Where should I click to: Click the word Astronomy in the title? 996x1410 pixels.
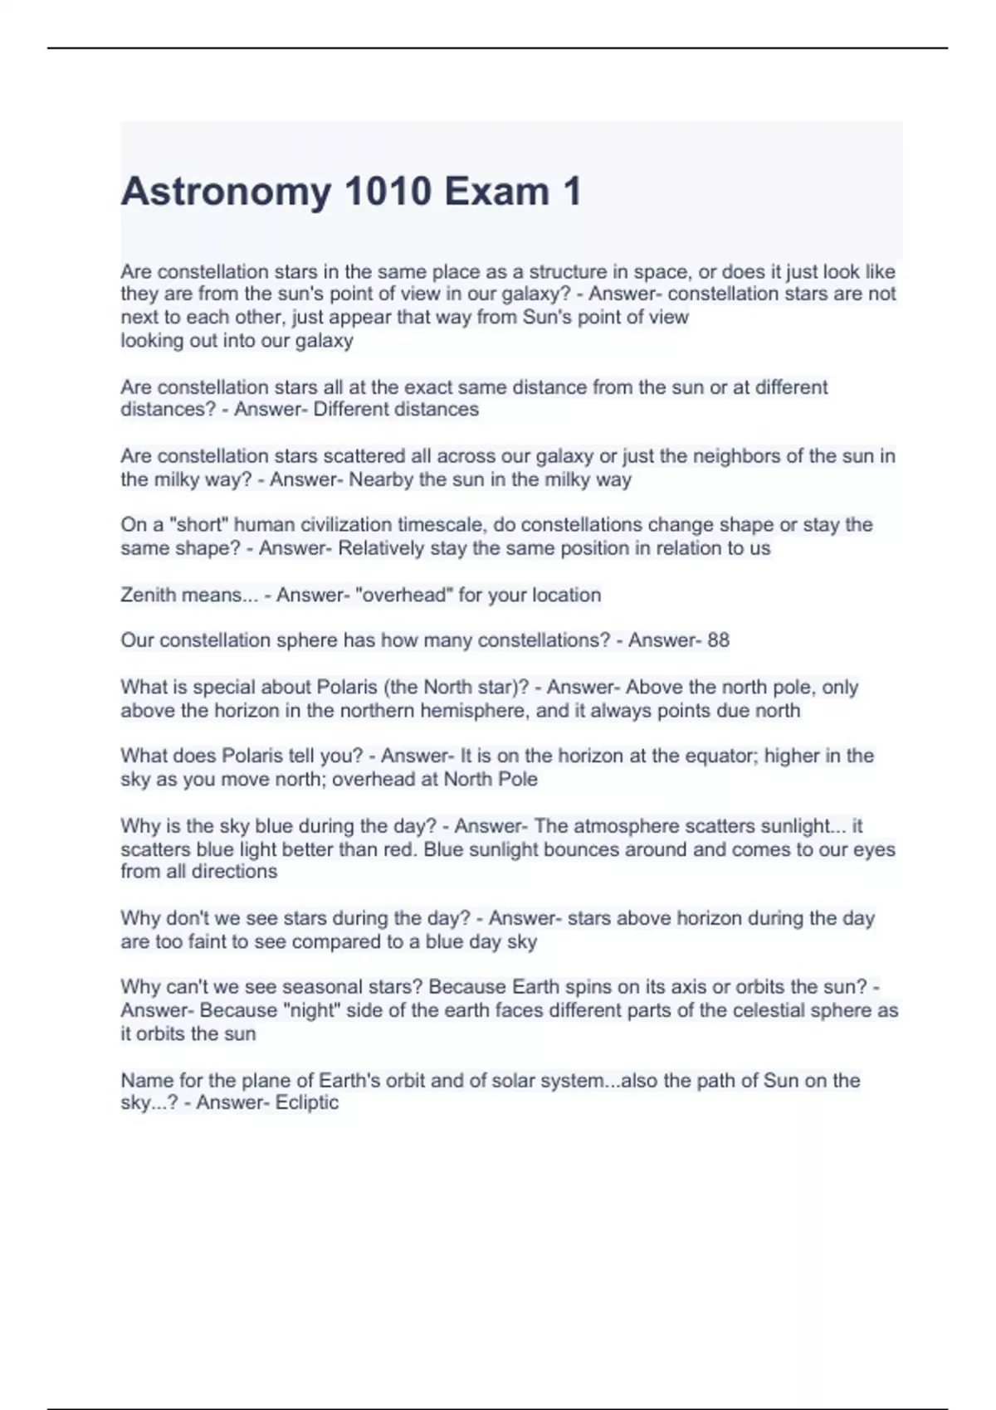[226, 192]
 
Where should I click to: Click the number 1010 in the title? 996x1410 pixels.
[387, 192]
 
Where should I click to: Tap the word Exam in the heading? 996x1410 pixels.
[496, 192]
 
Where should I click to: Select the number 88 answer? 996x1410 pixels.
[718, 640]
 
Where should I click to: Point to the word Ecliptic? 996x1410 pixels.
[307, 1102]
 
